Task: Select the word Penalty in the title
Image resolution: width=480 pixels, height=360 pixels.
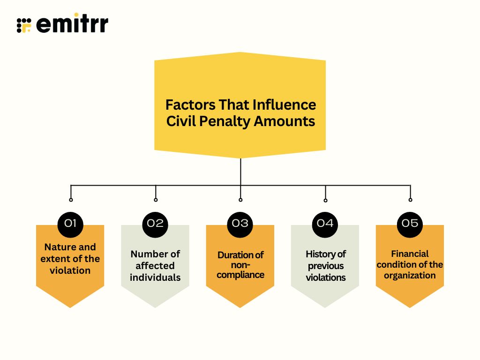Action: pyautogui.click(x=227, y=121)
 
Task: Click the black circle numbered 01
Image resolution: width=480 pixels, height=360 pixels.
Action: pyautogui.click(x=70, y=223)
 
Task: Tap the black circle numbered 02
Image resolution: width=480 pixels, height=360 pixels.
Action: pyautogui.click(x=155, y=223)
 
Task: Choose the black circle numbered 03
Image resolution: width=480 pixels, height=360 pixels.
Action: pyautogui.click(x=240, y=223)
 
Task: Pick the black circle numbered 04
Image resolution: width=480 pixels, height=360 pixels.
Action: pyautogui.click(x=325, y=223)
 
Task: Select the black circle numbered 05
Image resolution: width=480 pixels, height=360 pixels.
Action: pyautogui.click(x=410, y=223)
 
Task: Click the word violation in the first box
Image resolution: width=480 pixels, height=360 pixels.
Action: pyautogui.click(x=70, y=270)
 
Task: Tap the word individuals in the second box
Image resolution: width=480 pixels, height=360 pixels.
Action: pyautogui.click(x=155, y=277)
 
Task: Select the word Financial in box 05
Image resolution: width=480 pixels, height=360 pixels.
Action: pyautogui.click(x=410, y=254)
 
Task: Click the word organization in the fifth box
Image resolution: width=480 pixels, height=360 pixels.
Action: pyautogui.click(x=410, y=275)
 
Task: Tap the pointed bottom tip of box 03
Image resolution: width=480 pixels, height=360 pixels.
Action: pyautogui.click(x=240, y=307)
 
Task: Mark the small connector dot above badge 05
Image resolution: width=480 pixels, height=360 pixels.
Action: pyautogui.click(x=410, y=200)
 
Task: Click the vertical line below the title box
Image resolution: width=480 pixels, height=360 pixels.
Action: pyautogui.click(x=240, y=171)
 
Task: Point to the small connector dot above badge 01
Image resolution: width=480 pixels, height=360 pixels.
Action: pyautogui.click(x=71, y=200)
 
